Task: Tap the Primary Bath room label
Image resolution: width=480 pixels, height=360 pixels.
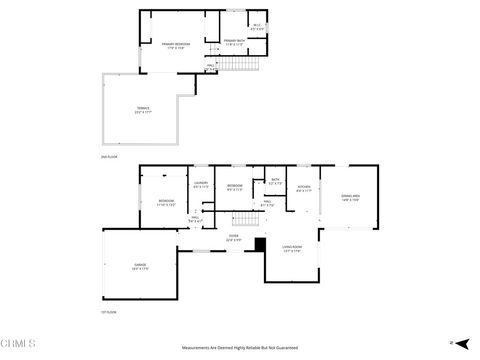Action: click(x=234, y=42)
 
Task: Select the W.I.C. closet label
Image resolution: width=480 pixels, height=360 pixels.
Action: click(x=256, y=26)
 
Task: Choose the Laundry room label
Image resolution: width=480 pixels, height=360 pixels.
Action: click(x=200, y=185)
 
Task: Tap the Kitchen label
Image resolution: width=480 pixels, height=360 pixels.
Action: click(x=304, y=187)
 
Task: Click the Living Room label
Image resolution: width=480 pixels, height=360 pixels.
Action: click(x=293, y=249)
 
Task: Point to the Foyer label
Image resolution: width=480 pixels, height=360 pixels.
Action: click(x=232, y=239)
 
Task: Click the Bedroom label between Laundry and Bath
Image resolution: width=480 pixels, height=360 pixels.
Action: click(x=235, y=187)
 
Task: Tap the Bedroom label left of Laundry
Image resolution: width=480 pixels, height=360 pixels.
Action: click(x=165, y=203)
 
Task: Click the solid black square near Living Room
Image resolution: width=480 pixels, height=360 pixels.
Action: click(x=260, y=243)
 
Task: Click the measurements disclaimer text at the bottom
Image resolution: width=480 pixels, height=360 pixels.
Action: click(x=239, y=347)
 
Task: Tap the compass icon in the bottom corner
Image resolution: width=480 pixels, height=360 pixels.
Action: click(x=451, y=342)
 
